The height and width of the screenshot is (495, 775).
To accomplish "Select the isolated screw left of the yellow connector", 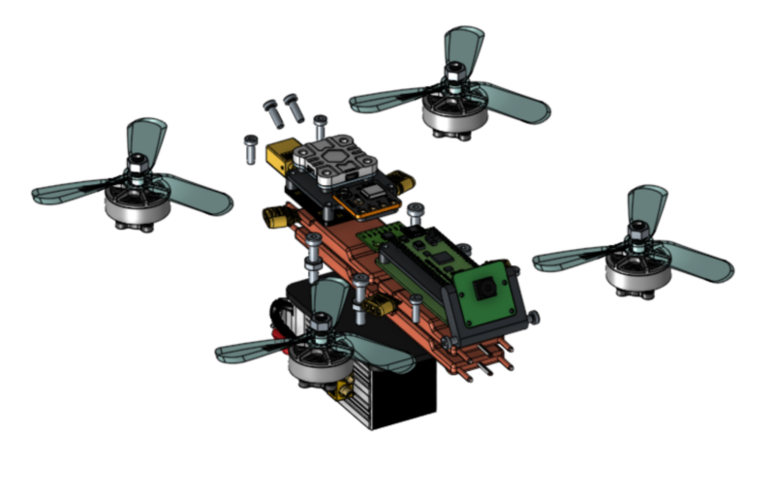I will point(250,147).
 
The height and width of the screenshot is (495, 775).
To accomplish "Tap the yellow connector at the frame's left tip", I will point(274,218).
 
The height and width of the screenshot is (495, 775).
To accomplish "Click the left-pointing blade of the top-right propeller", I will point(387,97).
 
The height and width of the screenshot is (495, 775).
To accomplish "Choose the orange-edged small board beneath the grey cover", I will point(368,198).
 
